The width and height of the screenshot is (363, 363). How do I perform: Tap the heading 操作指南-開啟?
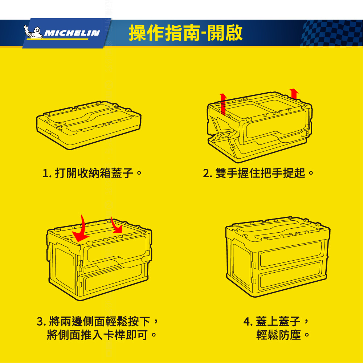tap(185, 33)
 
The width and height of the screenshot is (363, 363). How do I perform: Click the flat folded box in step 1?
tap(89, 125)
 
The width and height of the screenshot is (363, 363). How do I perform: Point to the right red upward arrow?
tap(294, 94)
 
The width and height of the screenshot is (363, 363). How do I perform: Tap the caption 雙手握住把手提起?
tap(260, 173)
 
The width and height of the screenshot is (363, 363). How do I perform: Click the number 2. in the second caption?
tap(208, 174)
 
